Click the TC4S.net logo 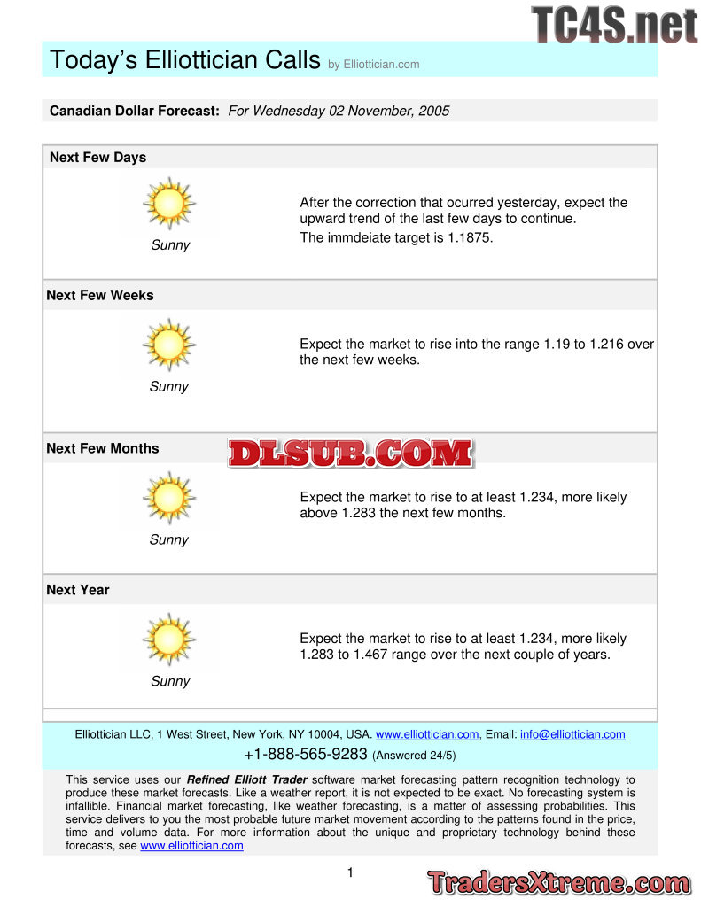point(614,24)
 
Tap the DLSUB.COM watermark point(350,453)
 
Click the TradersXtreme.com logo point(558,882)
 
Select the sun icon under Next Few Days point(168,204)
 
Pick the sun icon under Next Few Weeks point(168,345)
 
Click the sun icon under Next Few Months point(168,497)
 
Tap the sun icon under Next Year point(168,639)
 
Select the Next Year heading point(78,590)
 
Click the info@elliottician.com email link point(572,734)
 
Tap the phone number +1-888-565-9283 point(306,755)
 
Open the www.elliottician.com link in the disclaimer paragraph point(191,846)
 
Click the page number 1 point(350,872)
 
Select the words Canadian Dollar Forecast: point(134,111)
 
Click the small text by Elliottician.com point(373,65)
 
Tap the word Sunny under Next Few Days point(169,245)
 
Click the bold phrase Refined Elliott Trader point(246,779)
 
